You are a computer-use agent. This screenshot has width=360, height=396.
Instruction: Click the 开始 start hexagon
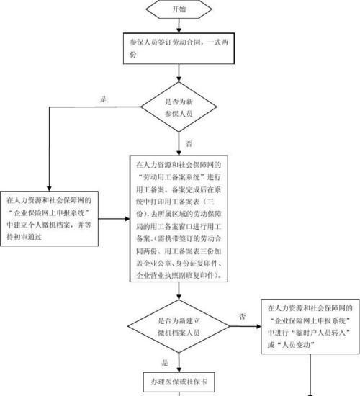point(179,9)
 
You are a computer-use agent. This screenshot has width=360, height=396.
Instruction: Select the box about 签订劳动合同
point(179,48)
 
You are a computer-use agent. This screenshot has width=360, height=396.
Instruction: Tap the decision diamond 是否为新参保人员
point(179,107)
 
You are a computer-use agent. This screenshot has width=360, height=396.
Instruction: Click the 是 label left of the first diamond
point(104,99)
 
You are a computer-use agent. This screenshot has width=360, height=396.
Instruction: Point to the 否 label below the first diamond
point(189,144)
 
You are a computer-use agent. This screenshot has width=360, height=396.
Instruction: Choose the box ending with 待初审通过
point(49,218)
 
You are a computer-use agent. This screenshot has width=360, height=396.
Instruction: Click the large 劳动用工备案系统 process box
point(179,218)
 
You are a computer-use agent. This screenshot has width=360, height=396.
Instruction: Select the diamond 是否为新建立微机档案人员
point(179,326)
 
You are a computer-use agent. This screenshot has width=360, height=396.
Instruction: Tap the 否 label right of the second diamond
point(242,316)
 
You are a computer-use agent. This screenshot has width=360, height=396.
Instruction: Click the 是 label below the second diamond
point(165,363)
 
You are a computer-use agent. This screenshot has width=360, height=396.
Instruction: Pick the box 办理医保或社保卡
point(179,382)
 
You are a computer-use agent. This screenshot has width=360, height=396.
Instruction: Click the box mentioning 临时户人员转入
point(310,326)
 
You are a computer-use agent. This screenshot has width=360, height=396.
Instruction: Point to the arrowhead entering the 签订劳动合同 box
point(179,30)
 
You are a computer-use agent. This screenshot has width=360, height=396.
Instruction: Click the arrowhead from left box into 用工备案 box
point(127,219)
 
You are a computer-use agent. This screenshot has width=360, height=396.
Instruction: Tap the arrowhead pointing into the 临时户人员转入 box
point(258,327)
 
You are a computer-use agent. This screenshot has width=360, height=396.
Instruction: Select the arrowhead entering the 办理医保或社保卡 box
point(179,370)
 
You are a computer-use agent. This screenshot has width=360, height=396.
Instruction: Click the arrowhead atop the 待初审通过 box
point(49,189)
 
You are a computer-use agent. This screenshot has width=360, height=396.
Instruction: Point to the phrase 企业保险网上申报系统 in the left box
point(49,212)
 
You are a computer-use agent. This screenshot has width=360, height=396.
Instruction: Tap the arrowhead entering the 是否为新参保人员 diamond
point(179,79)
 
